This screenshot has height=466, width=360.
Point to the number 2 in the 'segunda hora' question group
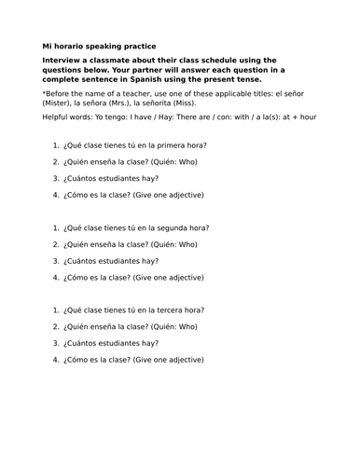pyautogui.click(x=56, y=244)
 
